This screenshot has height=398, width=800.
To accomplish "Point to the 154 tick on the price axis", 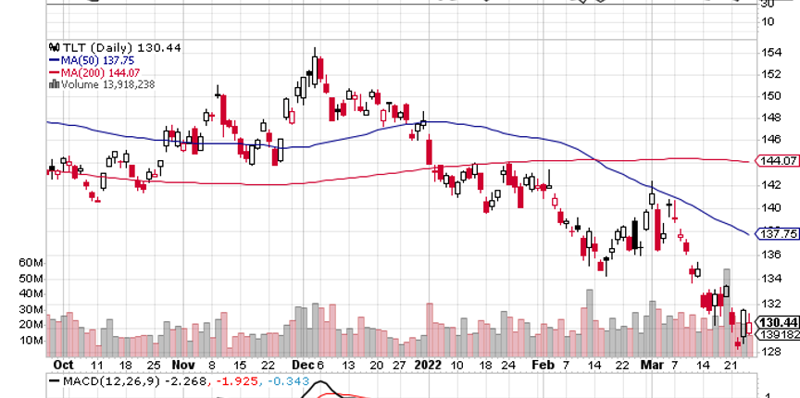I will click(768, 52).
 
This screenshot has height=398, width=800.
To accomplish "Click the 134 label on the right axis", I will click(768, 279).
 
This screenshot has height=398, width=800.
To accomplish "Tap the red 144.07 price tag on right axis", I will click(777, 161).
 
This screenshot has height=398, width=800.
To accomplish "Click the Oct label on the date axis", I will click(63, 365).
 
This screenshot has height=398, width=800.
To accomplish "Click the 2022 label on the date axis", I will click(431, 365).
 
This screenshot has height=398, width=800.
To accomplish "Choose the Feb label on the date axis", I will click(542, 365).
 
